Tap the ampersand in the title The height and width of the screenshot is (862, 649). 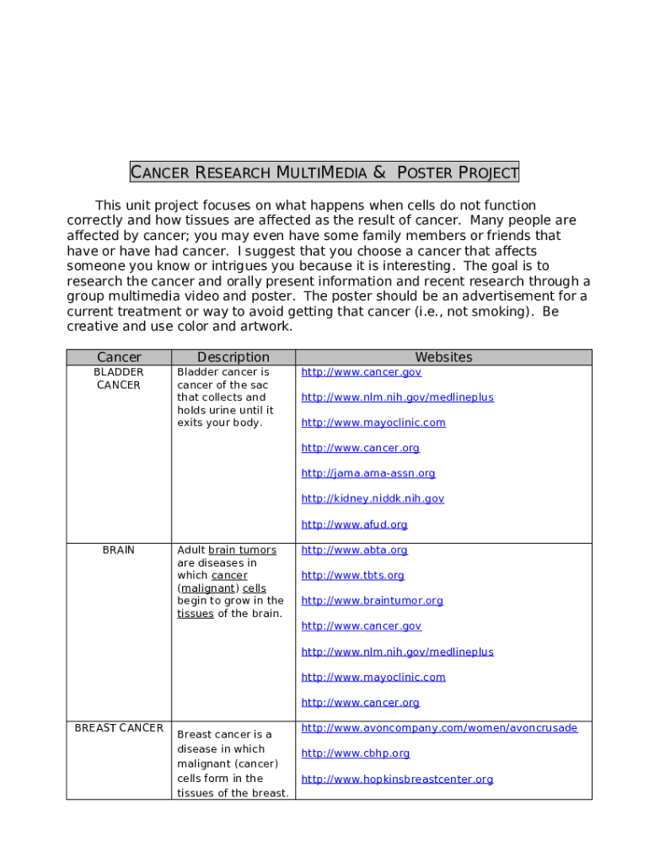click(x=379, y=173)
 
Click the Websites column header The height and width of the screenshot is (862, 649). click(x=443, y=357)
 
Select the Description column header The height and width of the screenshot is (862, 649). click(x=233, y=357)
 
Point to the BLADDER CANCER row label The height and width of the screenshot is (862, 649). click(x=119, y=378)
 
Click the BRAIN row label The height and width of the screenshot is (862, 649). click(x=119, y=550)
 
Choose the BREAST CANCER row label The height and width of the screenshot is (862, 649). click(x=119, y=727)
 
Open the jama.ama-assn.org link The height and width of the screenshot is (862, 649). click(x=368, y=473)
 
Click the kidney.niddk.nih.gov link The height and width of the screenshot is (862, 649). click(x=373, y=498)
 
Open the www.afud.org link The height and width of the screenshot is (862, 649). click(x=354, y=524)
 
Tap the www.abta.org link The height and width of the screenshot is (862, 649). click(x=354, y=550)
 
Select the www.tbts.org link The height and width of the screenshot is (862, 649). click(x=352, y=575)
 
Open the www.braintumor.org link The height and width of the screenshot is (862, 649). click(x=372, y=600)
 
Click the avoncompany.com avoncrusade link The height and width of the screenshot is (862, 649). click(x=439, y=727)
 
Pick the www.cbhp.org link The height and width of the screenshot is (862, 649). click(x=355, y=753)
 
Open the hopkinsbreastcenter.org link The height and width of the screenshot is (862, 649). click(x=397, y=779)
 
